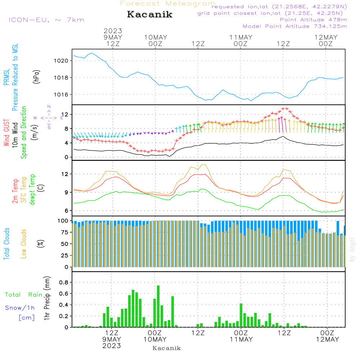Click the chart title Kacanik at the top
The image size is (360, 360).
point(150,15)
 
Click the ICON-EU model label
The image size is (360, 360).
point(46,20)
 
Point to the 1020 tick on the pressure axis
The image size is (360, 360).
point(64,60)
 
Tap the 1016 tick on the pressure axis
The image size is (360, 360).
point(64,95)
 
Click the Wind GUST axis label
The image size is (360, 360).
point(7,132)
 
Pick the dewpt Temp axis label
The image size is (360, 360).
point(32,190)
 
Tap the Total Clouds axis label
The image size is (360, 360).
point(7,243)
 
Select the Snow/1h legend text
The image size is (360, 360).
point(20,308)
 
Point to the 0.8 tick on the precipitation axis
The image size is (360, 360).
point(64,282)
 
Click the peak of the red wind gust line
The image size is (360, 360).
point(285,108)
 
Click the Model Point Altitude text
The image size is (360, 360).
point(294,26)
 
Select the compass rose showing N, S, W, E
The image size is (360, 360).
point(49,117)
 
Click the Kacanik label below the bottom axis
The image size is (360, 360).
point(166,348)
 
